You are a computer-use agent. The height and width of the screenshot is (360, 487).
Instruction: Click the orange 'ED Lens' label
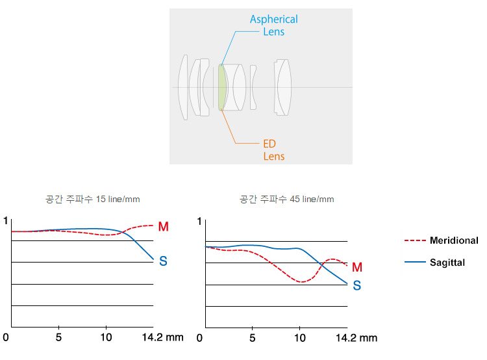273,150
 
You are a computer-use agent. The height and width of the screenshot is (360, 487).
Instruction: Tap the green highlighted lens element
222,88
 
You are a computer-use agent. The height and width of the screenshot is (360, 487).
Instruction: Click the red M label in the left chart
163,227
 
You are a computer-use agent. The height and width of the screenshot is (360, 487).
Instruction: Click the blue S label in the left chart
163,261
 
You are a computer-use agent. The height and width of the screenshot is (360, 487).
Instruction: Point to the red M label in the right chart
357,267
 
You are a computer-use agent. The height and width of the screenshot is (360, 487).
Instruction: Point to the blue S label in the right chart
357,285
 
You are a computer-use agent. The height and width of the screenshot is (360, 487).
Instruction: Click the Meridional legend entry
453,240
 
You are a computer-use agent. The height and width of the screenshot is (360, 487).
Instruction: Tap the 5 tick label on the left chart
58,338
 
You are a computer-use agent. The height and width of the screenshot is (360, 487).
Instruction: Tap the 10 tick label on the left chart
106,338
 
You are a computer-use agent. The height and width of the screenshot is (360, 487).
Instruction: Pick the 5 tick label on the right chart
252,338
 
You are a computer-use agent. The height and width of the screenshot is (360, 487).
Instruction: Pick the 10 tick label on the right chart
299,338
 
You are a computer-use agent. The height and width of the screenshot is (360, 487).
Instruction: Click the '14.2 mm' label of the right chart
356,338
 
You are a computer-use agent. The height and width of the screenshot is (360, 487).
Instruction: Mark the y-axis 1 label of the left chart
6,221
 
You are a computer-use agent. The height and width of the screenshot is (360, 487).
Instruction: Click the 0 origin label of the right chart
199,338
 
